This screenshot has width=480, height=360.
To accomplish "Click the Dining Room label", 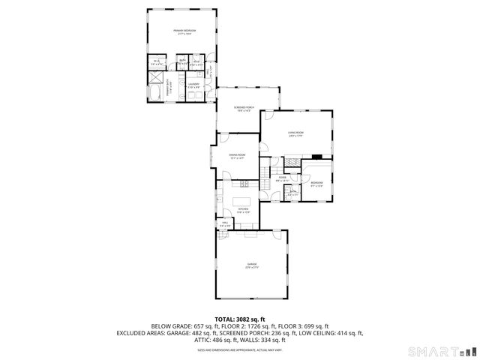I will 238,156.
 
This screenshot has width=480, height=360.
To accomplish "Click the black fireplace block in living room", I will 317,157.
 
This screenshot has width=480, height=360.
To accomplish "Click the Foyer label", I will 283,178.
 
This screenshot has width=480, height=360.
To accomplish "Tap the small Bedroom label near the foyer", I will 316,184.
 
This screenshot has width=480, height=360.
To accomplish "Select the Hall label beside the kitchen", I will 224,223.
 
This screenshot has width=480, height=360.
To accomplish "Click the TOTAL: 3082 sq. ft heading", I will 240,319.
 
